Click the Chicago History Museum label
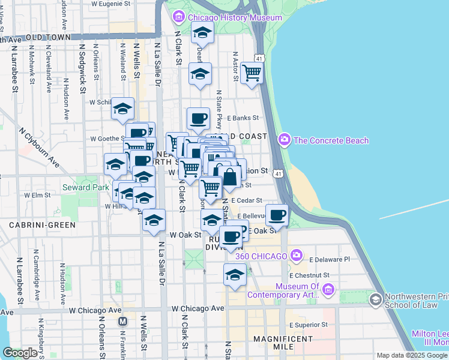point(235,17)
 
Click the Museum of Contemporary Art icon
point(328,291)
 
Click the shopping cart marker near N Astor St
point(252,73)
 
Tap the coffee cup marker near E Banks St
point(197,118)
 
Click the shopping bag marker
point(229,176)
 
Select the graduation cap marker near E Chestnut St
point(235,275)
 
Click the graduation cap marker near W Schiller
point(122,109)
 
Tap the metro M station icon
point(123,320)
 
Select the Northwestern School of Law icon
point(376,299)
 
